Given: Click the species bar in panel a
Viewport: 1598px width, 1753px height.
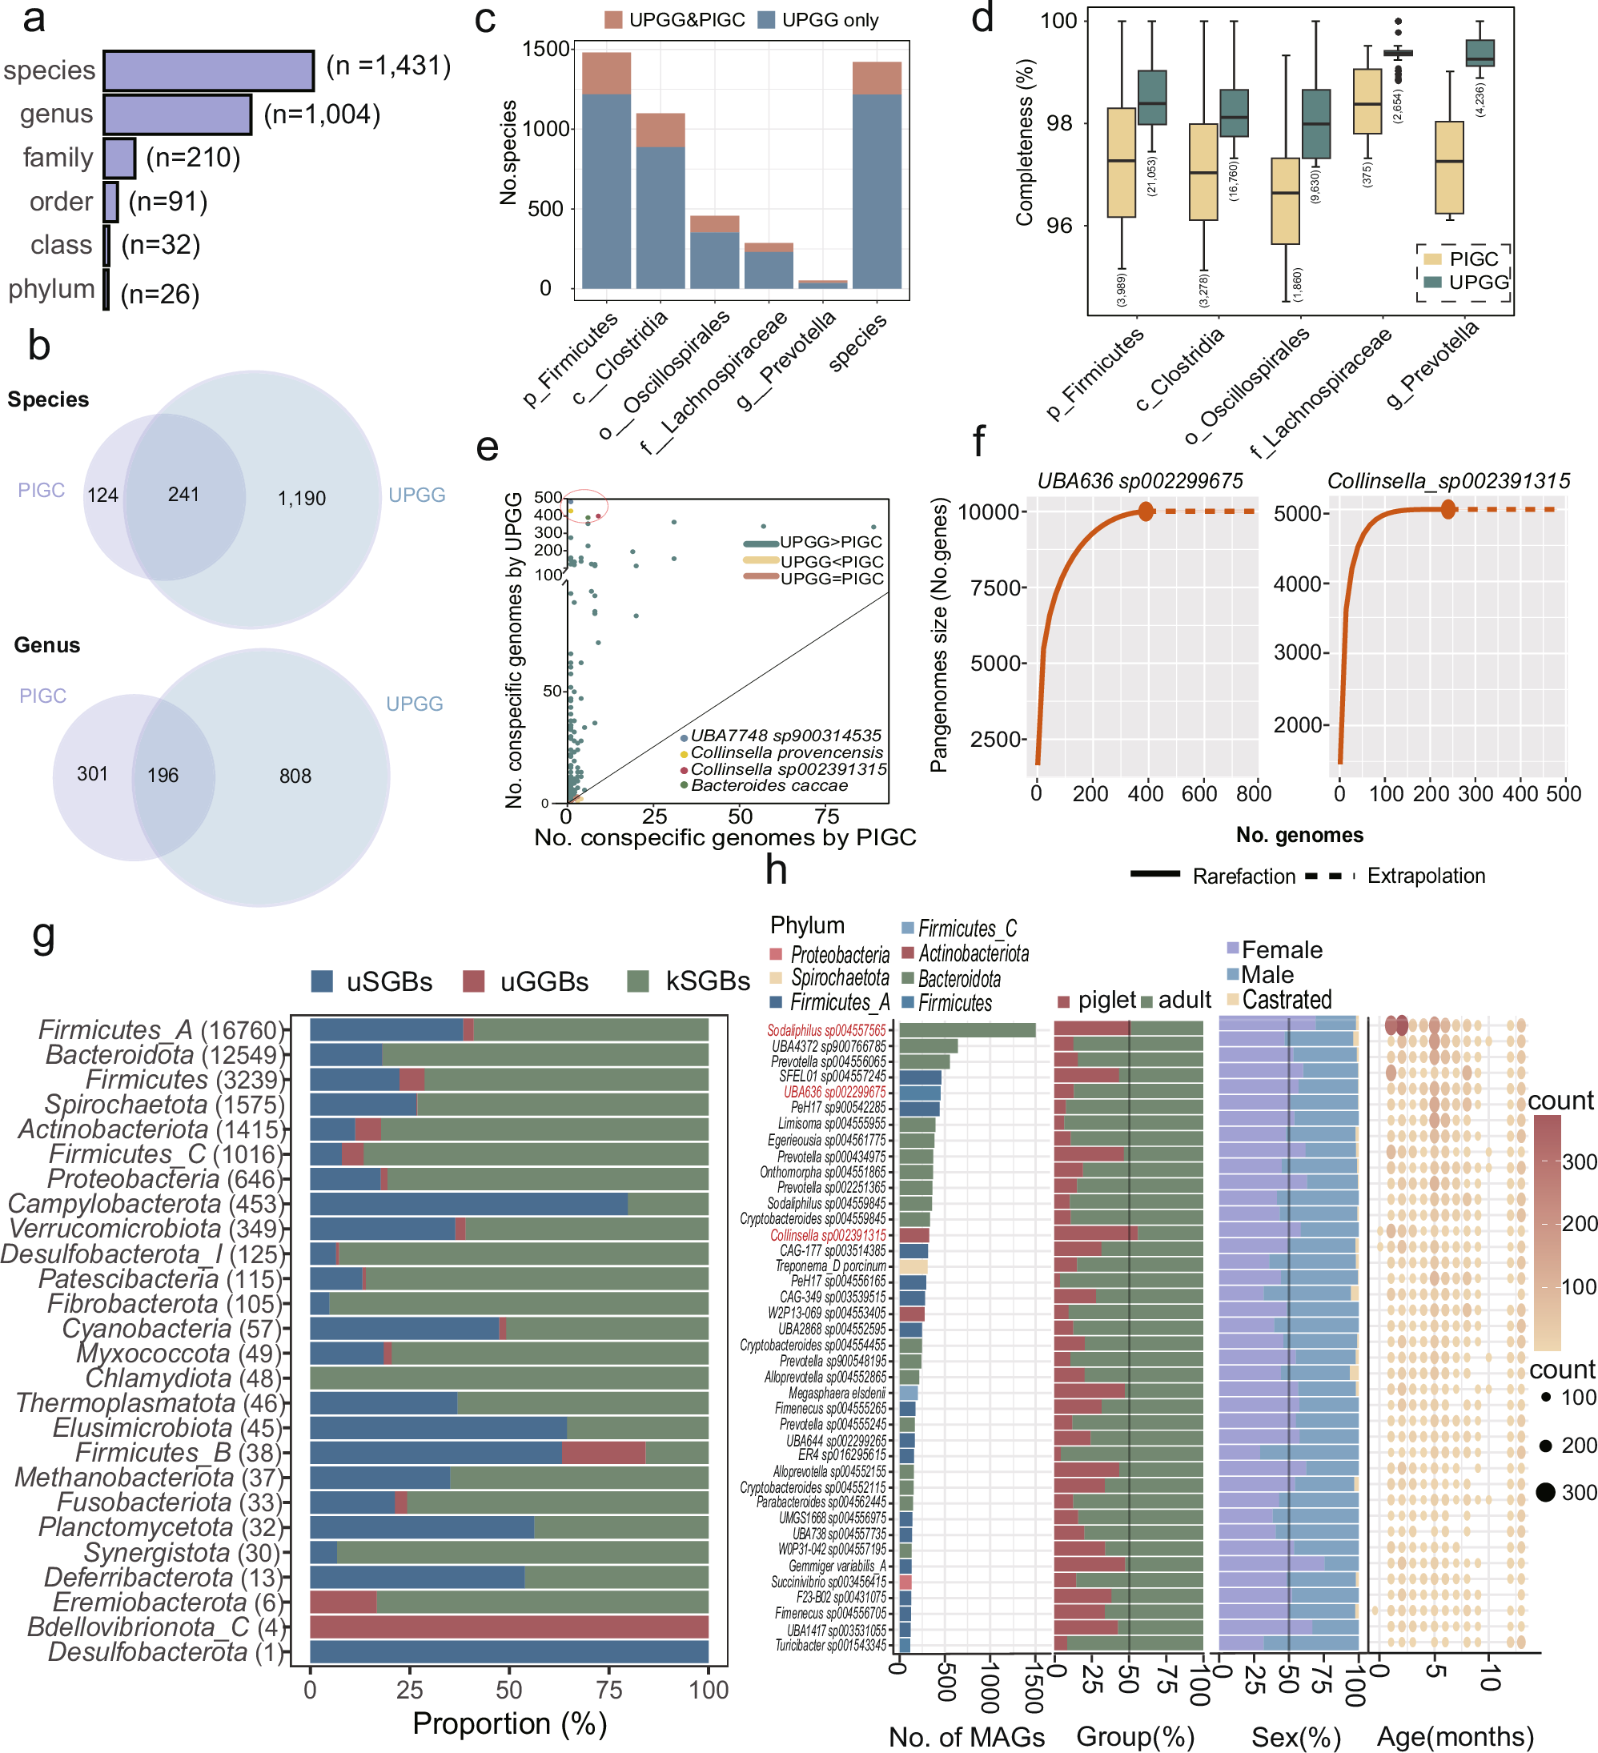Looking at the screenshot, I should click(208, 70).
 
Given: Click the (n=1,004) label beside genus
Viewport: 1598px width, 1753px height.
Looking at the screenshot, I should click(322, 114).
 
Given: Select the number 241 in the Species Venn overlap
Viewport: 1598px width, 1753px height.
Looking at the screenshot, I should click(183, 495).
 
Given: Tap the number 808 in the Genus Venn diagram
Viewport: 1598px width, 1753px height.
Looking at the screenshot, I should click(295, 776).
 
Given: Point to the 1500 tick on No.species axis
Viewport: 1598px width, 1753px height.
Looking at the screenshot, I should click(545, 49).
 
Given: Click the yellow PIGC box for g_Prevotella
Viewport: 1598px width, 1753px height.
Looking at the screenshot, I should click(1448, 167).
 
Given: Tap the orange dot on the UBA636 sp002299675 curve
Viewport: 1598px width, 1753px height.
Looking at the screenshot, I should click(1146, 511).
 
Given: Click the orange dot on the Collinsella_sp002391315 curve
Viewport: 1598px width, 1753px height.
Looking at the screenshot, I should click(1447, 510).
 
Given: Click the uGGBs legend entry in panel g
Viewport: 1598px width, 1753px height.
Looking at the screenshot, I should click(525, 981).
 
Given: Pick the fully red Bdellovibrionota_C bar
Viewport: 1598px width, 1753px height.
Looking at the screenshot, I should click(509, 1627).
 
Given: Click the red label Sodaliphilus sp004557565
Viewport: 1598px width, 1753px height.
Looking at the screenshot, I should click(826, 1030).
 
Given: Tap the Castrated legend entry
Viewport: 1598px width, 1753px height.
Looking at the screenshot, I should click(1286, 1000).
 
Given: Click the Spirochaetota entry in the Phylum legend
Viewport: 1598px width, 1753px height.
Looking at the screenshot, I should click(840, 977).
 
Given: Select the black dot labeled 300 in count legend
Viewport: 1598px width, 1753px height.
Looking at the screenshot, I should click(1545, 1493).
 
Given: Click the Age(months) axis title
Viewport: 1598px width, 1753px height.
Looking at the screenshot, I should click(1455, 1736).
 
